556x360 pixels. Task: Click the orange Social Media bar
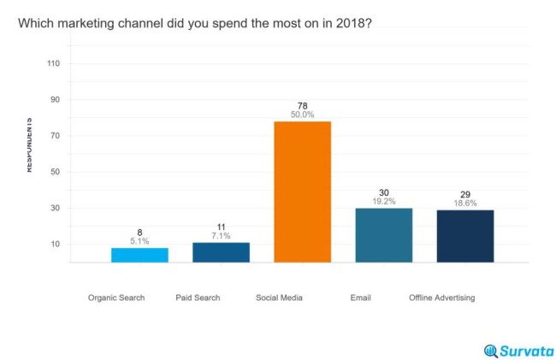click(x=302, y=192)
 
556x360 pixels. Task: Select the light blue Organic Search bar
click(x=139, y=255)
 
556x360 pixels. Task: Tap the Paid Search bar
click(x=221, y=252)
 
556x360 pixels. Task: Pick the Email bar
click(x=384, y=235)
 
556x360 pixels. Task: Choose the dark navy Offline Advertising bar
click(x=465, y=236)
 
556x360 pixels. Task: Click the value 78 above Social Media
click(x=302, y=106)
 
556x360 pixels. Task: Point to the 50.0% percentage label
click(x=302, y=115)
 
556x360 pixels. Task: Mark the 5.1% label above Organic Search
click(x=139, y=241)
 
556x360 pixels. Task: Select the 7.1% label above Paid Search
click(x=221, y=236)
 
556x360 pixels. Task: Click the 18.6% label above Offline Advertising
click(x=465, y=204)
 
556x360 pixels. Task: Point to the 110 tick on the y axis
click(x=53, y=63)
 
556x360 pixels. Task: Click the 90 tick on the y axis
click(x=55, y=99)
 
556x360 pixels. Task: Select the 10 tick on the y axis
click(x=55, y=244)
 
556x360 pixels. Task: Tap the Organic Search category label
click(x=116, y=298)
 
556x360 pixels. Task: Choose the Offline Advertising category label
click(x=441, y=298)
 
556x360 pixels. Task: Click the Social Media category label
click(x=279, y=298)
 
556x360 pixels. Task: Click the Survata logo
click(x=518, y=350)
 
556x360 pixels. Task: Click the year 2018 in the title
click(x=353, y=23)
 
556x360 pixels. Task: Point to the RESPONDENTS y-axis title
click(x=29, y=145)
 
